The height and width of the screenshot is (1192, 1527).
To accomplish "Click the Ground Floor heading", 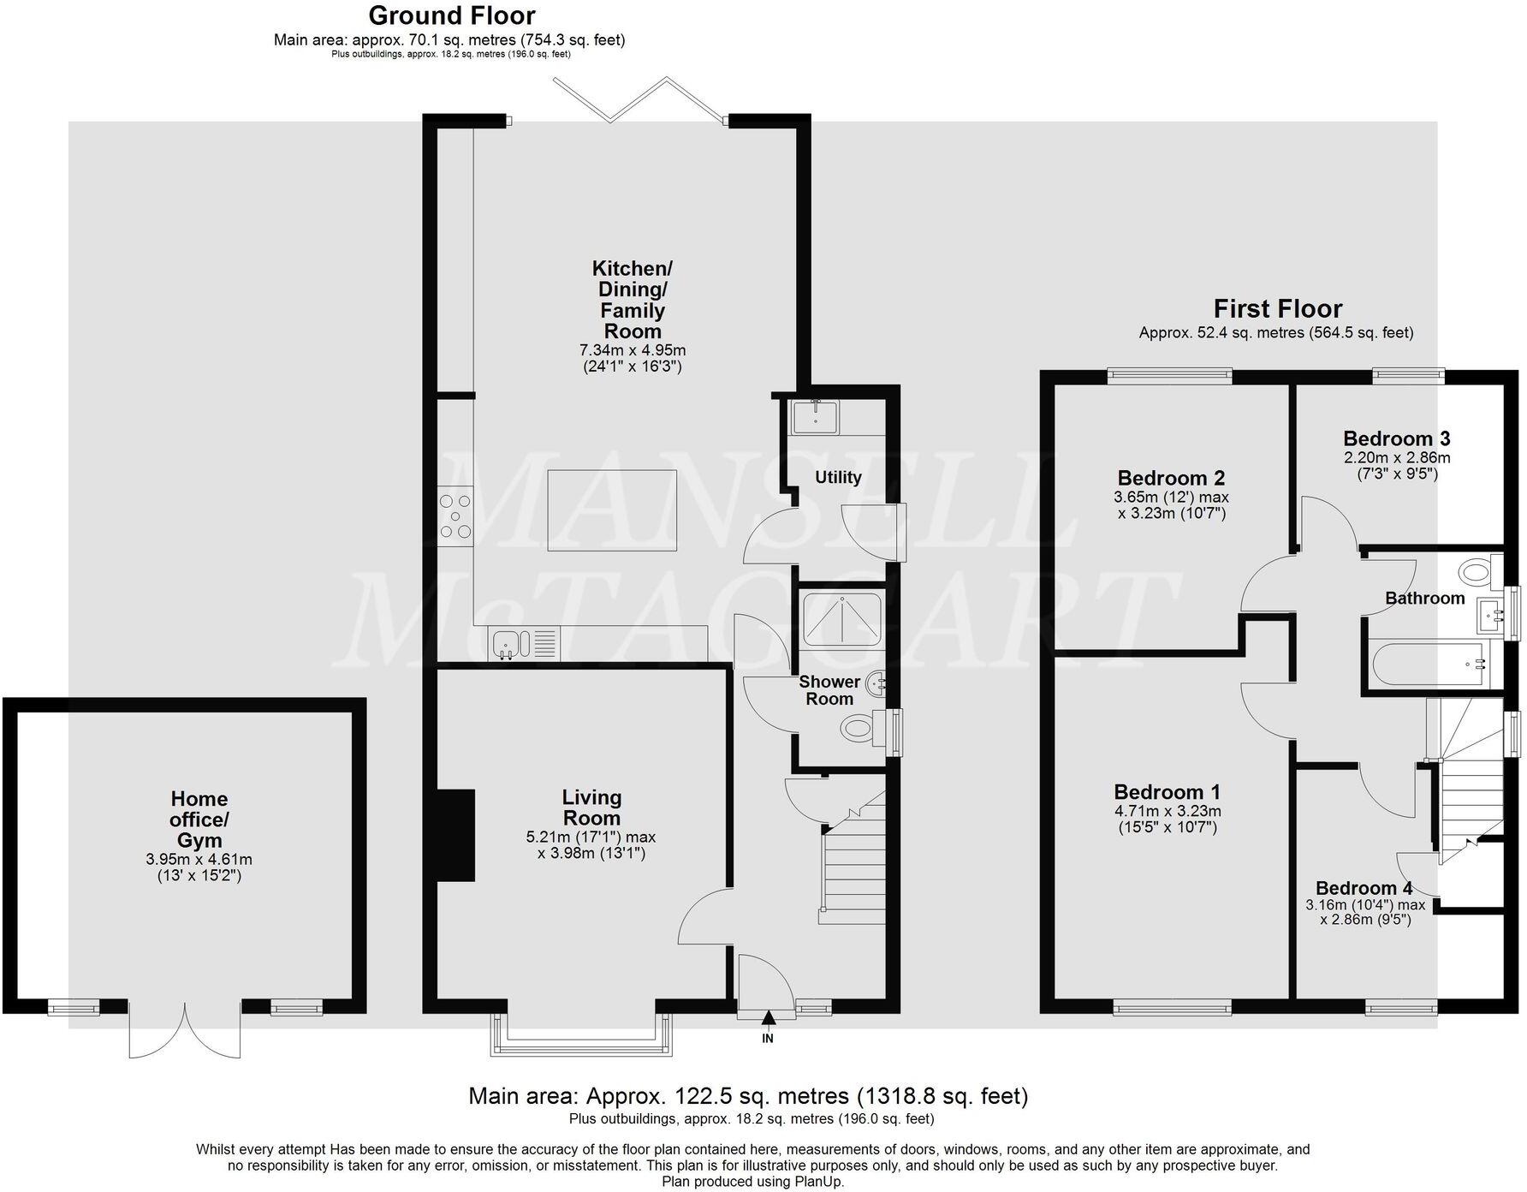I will [x=451, y=15].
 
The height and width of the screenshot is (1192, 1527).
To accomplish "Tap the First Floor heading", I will [x=1277, y=308].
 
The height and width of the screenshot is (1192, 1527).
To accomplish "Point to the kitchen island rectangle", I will [x=612, y=510].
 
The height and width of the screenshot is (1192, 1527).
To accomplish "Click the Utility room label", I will [x=837, y=477].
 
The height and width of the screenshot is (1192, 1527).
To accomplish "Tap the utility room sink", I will [x=817, y=417].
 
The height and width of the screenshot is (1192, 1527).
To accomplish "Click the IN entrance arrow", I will [x=768, y=1018].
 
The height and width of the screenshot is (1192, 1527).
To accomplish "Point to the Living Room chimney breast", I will [x=457, y=835].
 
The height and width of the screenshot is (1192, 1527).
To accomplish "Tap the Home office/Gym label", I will [x=199, y=819].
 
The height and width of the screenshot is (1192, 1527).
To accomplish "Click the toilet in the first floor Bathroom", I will [x=1477, y=569].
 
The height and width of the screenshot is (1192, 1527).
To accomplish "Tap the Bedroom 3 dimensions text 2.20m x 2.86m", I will [x=1396, y=457].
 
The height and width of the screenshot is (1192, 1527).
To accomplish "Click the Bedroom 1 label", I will [x=1167, y=792].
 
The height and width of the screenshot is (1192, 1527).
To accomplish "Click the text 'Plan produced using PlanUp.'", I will [x=752, y=1181].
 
